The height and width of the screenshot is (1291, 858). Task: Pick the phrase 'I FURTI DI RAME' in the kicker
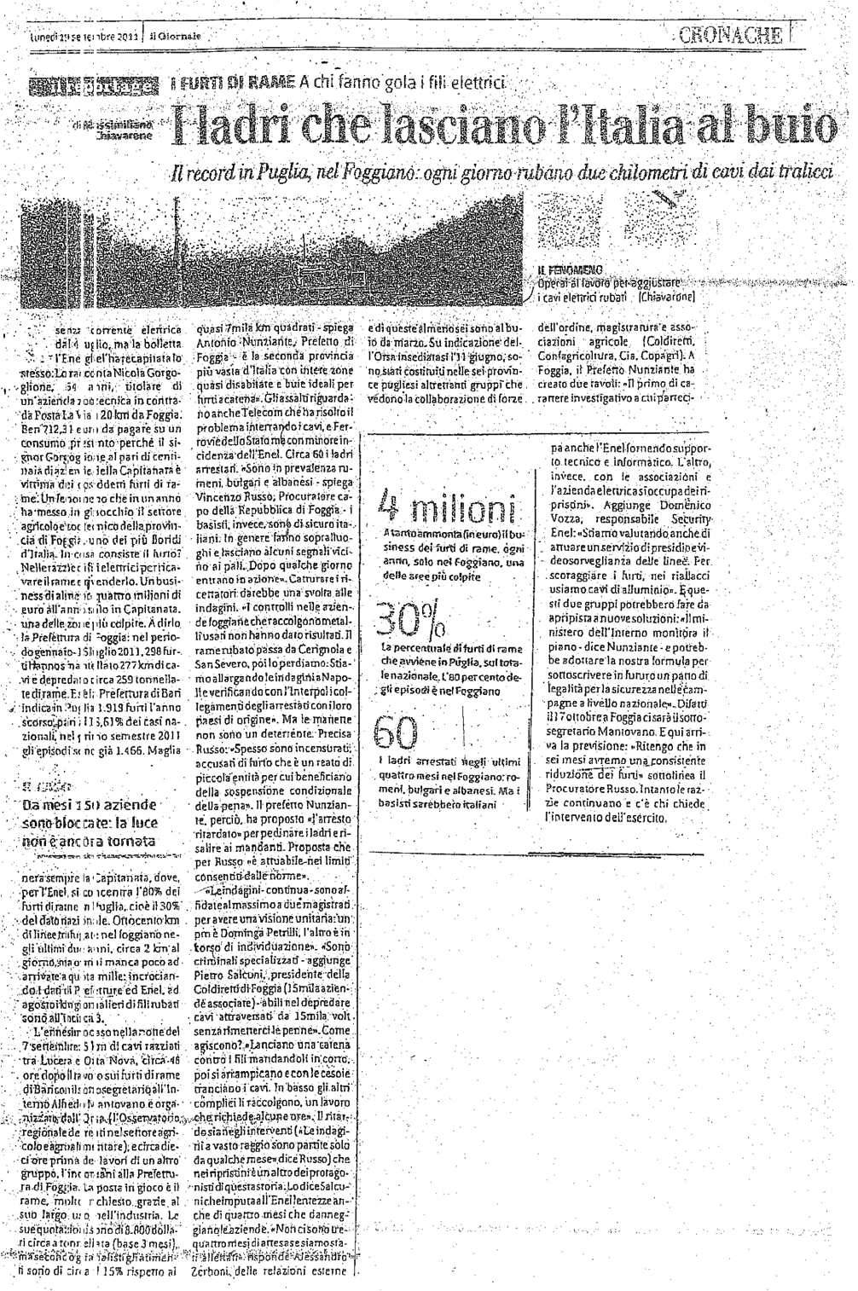(x=223, y=83)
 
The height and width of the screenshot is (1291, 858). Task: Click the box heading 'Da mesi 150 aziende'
(x=90, y=805)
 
